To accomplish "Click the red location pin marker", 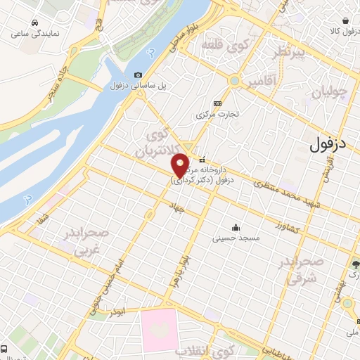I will coord(181,165).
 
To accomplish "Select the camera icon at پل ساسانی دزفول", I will coord(138,75).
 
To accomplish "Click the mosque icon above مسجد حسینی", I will coord(235,227).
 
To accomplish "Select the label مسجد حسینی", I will coord(236,238).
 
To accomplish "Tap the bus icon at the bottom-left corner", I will coord(5,349).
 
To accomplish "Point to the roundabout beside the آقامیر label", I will coord(233,82).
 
